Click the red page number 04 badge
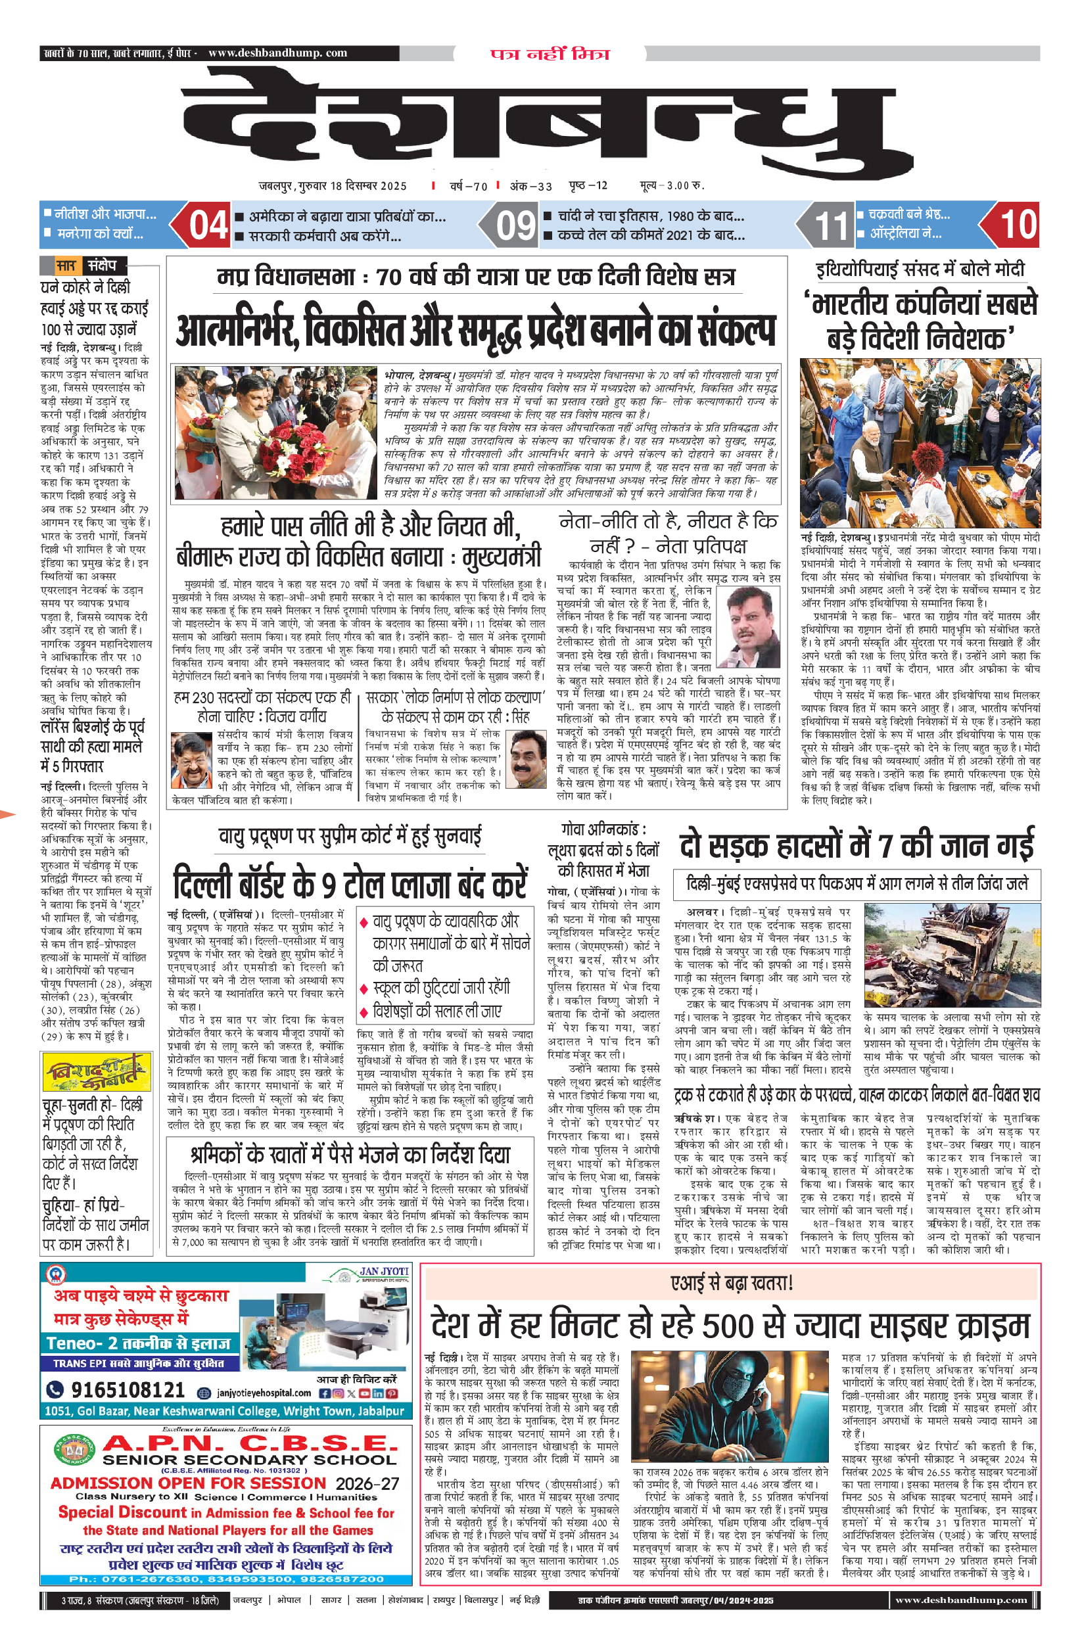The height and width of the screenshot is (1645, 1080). pos(208,225)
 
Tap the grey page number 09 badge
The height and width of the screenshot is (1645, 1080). pos(516,225)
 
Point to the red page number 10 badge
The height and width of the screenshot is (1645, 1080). pos(1017,225)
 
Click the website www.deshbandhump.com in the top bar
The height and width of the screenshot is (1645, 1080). pos(277,53)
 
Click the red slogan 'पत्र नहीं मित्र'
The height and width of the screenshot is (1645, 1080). pos(550,54)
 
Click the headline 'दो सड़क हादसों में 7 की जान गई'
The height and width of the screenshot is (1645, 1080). pos(856,844)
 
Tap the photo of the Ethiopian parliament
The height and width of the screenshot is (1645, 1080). pos(919,442)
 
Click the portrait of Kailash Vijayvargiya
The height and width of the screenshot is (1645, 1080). pos(191,760)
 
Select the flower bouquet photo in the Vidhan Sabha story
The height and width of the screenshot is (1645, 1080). pos(275,432)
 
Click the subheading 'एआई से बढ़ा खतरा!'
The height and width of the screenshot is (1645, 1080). pos(731,1284)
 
